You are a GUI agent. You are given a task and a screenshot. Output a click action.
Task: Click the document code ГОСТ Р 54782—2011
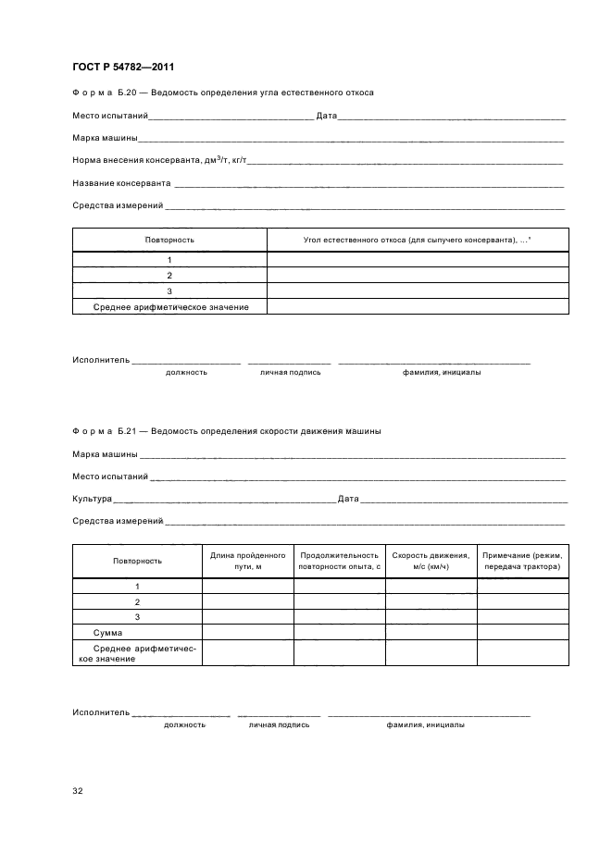[x=123, y=67]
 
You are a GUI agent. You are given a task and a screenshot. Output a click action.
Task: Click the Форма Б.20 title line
[x=222, y=93]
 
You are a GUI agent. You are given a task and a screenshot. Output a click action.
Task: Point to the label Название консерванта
[x=121, y=183]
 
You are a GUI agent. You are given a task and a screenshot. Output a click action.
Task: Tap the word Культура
[x=92, y=499]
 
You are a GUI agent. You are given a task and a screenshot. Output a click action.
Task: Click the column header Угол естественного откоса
[x=417, y=240]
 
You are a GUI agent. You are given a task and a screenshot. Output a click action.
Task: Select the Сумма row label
[x=107, y=632]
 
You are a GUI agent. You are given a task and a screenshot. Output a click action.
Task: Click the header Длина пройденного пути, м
[x=248, y=560]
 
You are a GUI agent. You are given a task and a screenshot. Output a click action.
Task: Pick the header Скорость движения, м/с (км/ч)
[x=431, y=560]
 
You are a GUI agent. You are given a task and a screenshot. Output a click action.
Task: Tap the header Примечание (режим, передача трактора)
[x=522, y=560]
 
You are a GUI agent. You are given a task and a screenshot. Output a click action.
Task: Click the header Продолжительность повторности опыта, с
[x=340, y=560]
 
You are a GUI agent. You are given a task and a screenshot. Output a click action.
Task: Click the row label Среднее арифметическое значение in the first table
[x=170, y=306]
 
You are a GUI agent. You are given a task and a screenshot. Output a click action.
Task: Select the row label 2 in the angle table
[x=169, y=275]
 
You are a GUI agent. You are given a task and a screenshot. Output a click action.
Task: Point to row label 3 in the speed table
[x=137, y=616]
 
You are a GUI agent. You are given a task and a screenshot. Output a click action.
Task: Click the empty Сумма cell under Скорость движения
[x=431, y=632]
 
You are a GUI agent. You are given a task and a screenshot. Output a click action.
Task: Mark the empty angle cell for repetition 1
[x=417, y=260]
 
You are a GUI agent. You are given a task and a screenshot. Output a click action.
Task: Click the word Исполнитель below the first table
[x=101, y=359]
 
